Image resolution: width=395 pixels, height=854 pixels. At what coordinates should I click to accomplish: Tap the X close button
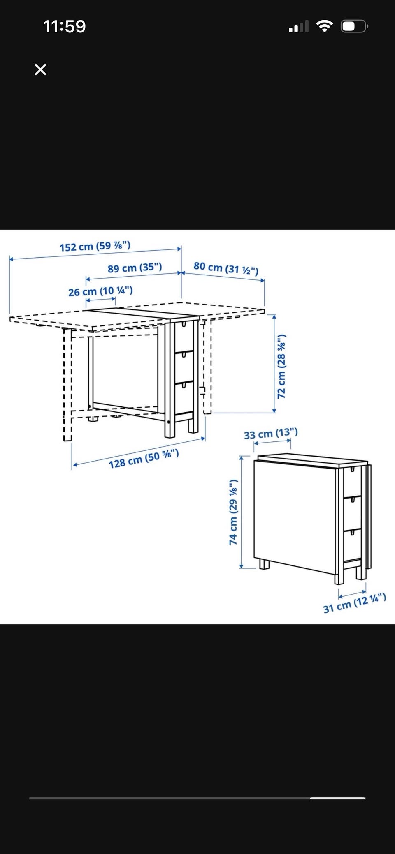[40, 69]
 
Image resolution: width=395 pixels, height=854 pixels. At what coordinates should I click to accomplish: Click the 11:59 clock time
[65, 27]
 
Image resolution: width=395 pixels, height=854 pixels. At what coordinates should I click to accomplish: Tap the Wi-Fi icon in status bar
[325, 26]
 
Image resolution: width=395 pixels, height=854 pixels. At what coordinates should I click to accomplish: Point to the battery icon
[354, 26]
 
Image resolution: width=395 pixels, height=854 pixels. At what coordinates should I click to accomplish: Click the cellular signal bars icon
[299, 27]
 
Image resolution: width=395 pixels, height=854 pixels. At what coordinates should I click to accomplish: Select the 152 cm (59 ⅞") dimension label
[95, 246]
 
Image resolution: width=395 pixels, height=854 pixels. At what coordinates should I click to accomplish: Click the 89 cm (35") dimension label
[135, 268]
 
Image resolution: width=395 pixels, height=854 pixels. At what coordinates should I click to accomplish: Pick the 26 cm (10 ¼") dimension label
[100, 291]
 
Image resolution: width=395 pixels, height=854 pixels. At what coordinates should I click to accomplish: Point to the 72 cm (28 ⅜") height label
[281, 366]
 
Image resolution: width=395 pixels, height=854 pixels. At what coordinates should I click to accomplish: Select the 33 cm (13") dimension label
[271, 433]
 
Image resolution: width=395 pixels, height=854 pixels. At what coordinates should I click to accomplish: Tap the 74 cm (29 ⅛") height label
[233, 512]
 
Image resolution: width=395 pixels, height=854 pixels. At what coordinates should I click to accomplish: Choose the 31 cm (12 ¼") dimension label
[355, 603]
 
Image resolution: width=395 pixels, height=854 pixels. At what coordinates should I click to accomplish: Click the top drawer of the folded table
[353, 481]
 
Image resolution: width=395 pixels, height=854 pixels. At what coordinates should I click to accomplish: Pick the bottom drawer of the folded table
[353, 544]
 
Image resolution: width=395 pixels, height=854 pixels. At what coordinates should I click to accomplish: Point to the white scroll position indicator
[337, 798]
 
